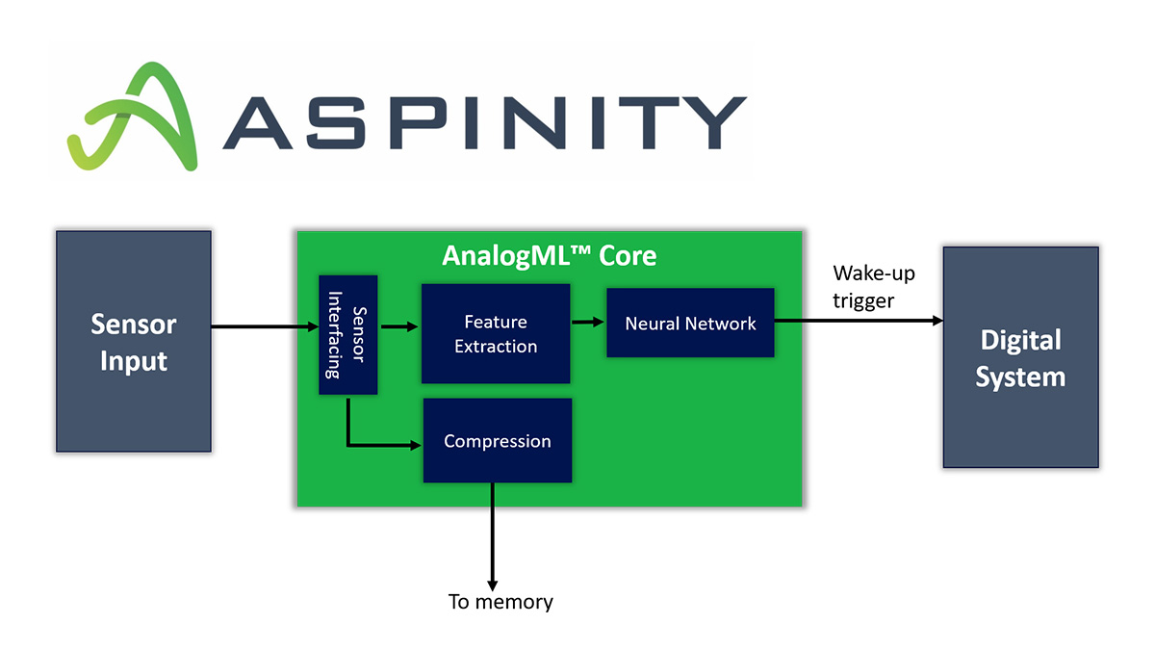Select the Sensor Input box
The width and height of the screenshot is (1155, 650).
coord(133,341)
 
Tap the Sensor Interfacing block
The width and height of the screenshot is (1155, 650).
coord(347,334)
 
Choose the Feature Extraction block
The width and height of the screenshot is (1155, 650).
coord(496,333)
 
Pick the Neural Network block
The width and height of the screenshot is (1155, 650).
coord(690,324)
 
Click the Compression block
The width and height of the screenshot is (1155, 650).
coord(497,441)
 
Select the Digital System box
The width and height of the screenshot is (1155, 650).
coord(1020,357)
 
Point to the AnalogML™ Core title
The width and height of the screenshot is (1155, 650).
coord(549,256)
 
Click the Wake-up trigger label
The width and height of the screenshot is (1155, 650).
coord(873,287)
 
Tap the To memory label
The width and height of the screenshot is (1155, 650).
coord(500,602)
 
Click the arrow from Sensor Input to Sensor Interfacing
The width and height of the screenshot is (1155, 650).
coord(265,327)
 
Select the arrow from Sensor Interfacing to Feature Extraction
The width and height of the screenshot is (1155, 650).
coord(398,327)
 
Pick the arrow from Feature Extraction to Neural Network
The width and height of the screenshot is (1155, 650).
coord(588,323)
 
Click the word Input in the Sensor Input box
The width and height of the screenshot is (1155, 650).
coord(134,361)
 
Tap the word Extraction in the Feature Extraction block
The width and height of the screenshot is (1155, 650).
coord(496,346)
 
